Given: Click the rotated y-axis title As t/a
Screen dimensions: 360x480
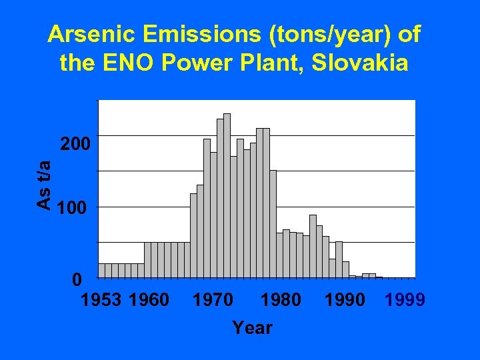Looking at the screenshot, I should click(44, 185).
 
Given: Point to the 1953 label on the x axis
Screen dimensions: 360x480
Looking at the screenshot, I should click(101, 300).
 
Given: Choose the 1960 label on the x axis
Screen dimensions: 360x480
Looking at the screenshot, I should click(149, 300).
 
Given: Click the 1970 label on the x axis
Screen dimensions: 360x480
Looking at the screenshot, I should click(213, 300).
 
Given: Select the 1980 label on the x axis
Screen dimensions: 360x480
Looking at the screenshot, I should click(281, 300).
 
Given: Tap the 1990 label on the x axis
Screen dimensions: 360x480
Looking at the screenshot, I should click(345, 300).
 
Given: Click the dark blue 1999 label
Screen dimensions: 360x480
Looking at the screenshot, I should click(405, 300).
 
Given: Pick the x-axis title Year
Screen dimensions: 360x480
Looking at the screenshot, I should click(252, 328).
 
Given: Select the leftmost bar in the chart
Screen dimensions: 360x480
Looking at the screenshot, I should click(101, 270).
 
